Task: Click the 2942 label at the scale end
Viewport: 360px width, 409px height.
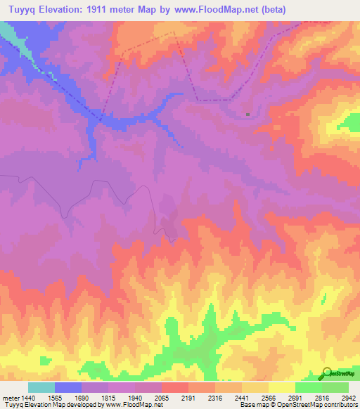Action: click(349, 398)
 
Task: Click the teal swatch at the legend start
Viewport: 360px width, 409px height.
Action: click(41, 387)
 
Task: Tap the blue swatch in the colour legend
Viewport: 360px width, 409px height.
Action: click(68, 387)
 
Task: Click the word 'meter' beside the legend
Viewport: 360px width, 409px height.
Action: click(10, 398)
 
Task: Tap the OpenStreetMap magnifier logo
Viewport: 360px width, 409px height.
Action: click(326, 373)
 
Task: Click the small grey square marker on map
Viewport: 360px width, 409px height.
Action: click(247, 115)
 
